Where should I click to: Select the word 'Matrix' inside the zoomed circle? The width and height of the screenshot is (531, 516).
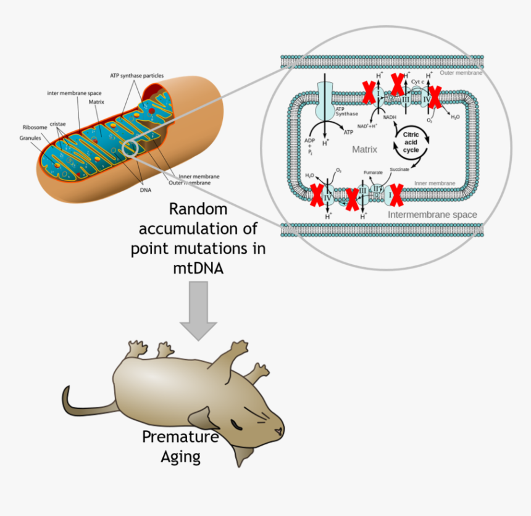(x=364, y=149)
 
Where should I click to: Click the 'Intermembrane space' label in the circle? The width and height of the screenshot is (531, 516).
(x=432, y=215)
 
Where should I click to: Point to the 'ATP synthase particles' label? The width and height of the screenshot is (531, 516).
(x=137, y=75)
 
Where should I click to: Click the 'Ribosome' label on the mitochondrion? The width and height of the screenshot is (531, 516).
(x=35, y=127)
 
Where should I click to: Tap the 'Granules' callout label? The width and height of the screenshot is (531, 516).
(x=30, y=138)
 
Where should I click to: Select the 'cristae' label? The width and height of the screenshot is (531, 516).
(x=59, y=123)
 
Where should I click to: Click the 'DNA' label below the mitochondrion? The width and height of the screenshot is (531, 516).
(x=146, y=190)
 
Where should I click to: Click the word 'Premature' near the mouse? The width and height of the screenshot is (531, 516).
(x=180, y=437)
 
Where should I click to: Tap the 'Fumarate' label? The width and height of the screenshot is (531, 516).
(x=374, y=172)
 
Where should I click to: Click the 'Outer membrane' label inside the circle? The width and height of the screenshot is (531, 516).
(x=461, y=73)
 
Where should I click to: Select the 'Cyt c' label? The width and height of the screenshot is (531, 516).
(x=418, y=81)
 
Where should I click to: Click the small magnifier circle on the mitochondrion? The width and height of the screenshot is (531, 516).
(x=130, y=149)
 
